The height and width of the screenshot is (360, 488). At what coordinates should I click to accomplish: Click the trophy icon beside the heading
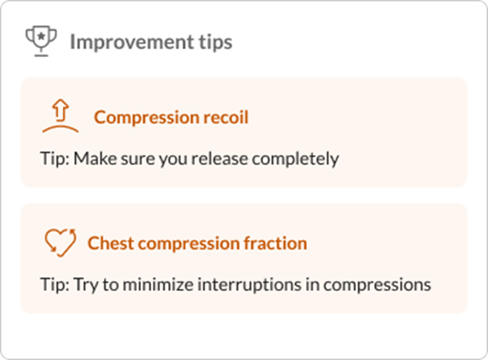41,41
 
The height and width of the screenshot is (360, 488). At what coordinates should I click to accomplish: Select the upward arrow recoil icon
60,117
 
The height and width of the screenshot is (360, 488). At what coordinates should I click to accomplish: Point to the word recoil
227,117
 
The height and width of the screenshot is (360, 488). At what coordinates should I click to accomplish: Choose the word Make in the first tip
91,159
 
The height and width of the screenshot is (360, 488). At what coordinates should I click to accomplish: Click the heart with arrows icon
60,242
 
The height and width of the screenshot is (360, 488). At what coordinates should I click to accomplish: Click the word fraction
276,243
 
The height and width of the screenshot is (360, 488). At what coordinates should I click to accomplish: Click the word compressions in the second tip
377,285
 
